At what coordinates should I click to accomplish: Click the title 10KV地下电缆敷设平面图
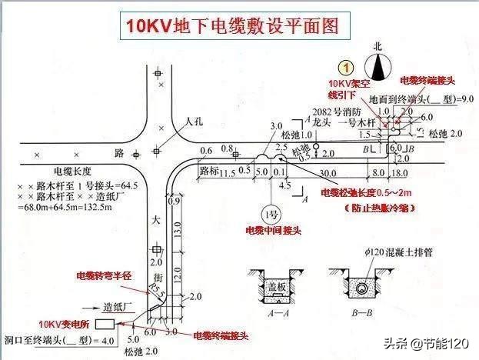[232, 25]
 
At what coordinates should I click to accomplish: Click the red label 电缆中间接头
[273, 229]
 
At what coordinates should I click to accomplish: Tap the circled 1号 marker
[271, 212]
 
